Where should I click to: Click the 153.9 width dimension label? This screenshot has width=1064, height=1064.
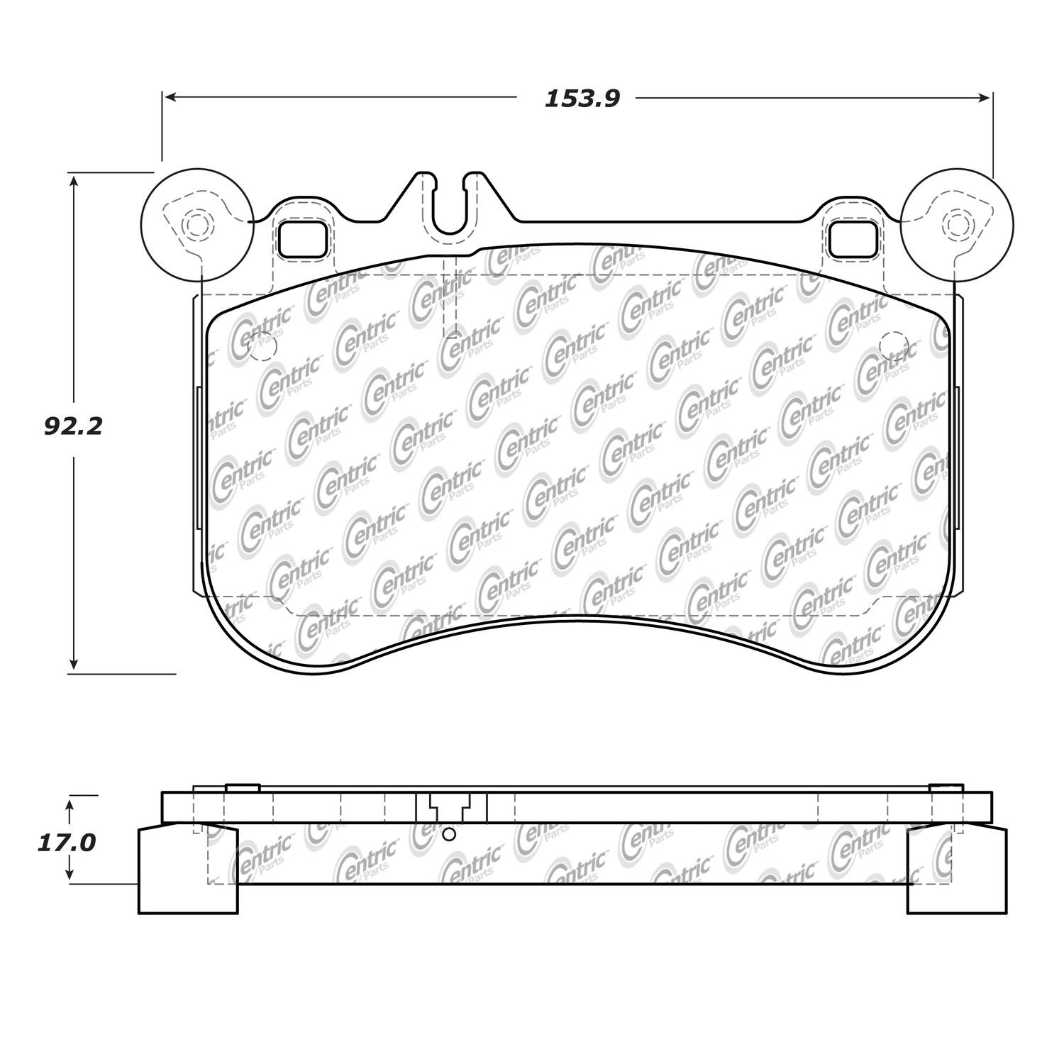[x=582, y=99]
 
